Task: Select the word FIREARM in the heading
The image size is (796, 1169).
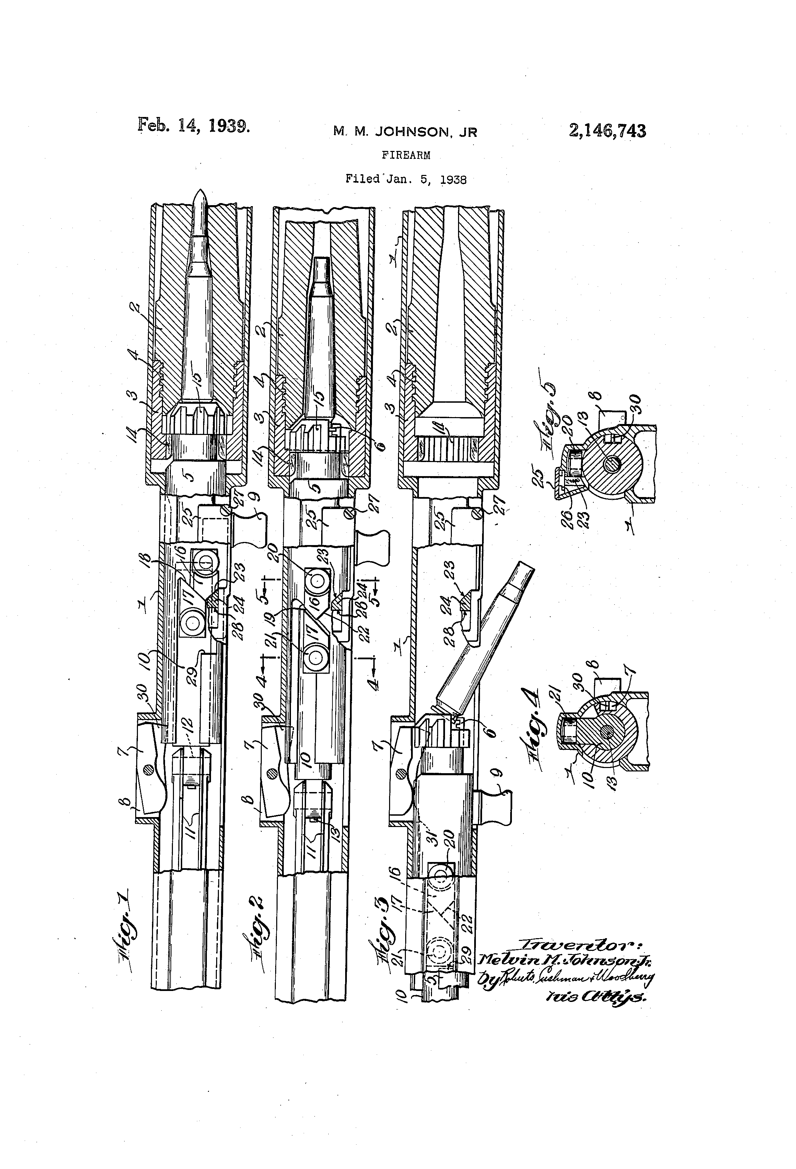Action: pyautogui.click(x=406, y=155)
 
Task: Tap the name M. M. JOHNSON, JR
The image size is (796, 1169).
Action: pyautogui.click(x=405, y=132)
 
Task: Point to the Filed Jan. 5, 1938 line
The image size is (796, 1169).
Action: pyautogui.click(x=406, y=179)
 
